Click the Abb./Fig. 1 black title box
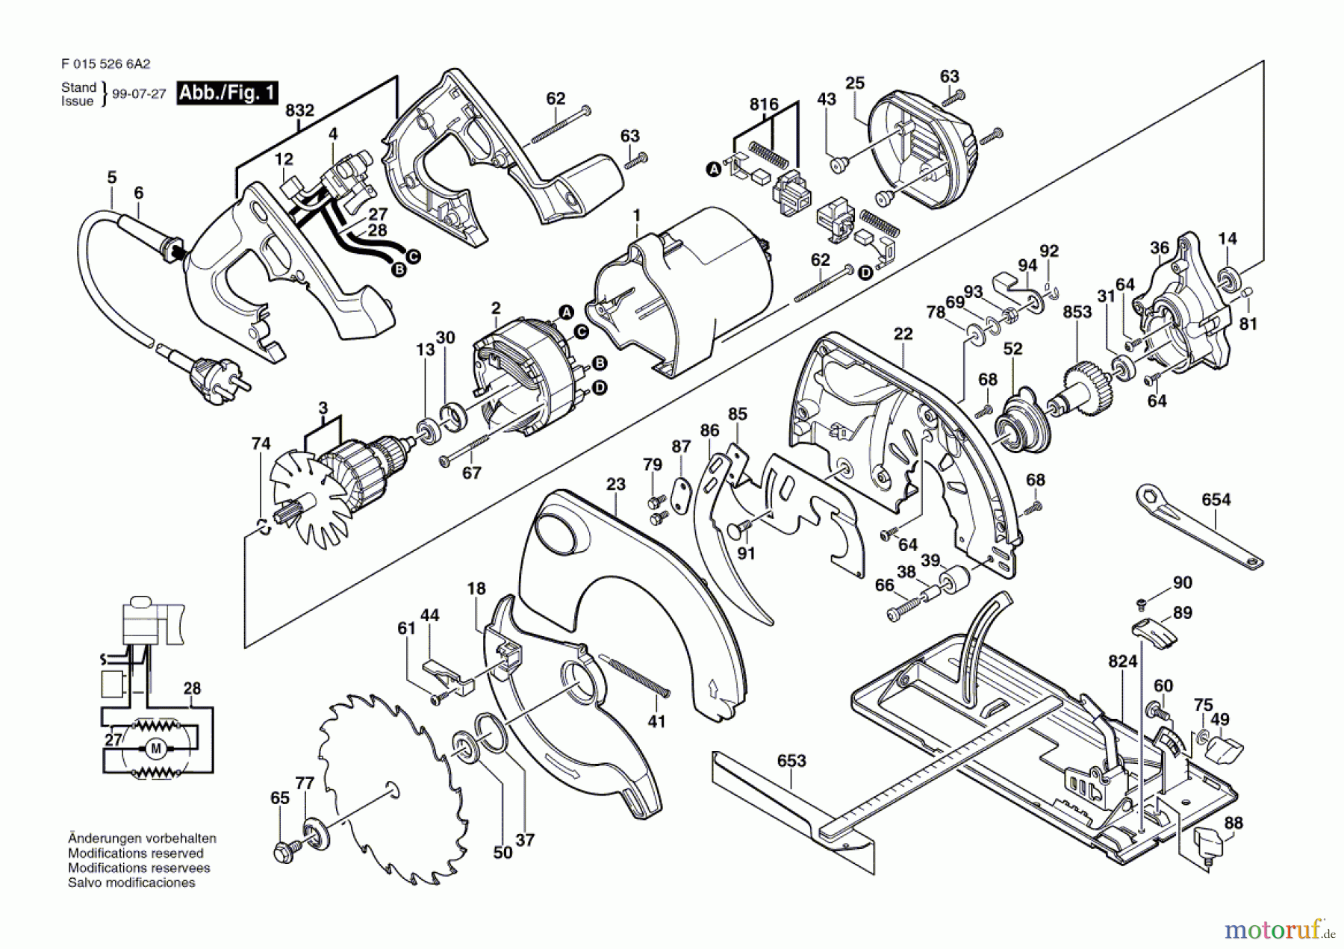point(227,93)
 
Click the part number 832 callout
point(299,111)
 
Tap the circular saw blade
point(392,788)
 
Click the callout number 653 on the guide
point(791,760)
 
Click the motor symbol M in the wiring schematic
point(156,748)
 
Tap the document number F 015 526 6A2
point(102,65)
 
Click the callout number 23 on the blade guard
point(615,485)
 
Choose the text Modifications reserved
point(135,853)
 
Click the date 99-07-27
point(139,94)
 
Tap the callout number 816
point(764,105)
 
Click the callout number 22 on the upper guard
point(903,334)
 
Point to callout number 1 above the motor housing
point(636,216)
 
